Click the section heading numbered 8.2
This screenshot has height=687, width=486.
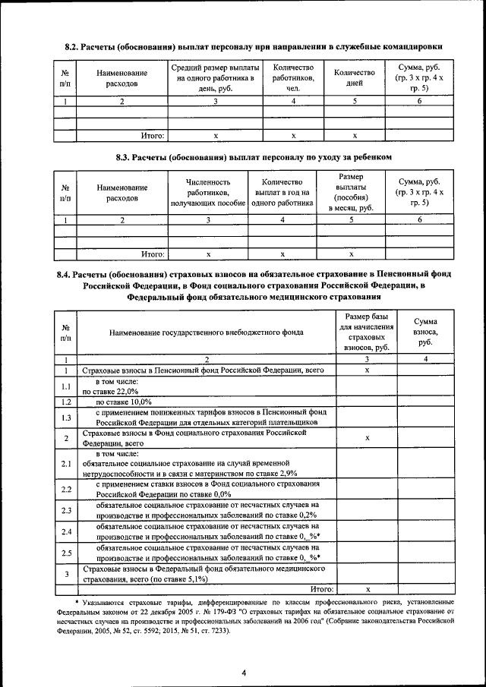(254, 47)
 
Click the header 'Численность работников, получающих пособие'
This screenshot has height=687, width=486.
(208, 193)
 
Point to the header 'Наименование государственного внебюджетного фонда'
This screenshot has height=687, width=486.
(206, 332)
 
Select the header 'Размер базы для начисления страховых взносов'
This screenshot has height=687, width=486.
(366, 332)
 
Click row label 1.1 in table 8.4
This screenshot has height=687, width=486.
(66, 386)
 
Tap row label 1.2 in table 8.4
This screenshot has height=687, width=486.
(66, 402)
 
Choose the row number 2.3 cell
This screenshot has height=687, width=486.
(66, 510)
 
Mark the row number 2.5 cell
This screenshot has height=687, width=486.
(66, 553)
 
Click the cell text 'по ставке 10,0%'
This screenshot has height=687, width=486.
(123, 402)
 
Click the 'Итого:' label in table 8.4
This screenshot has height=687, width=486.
(322, 588)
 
